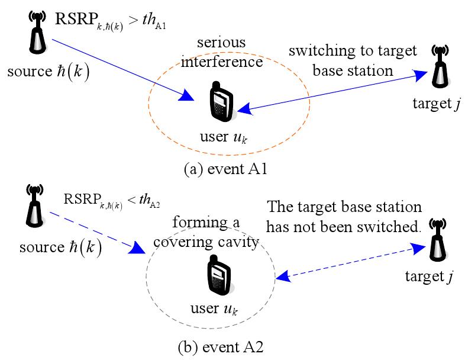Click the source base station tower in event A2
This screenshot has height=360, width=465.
(35, 205)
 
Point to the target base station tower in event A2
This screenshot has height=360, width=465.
(438, 240)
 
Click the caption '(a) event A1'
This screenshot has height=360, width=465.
(225, 169)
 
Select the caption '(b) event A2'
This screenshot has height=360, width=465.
(221, 347)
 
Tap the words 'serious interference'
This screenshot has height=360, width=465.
(222, 52)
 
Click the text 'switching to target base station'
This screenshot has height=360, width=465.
(353, 61)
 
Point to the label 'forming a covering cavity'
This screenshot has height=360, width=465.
(206, 232)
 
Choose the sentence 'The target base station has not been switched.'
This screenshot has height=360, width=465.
(344, 217)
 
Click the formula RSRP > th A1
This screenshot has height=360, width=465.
(110, 21)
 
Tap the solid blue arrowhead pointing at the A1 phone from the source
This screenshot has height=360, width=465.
(186, 95)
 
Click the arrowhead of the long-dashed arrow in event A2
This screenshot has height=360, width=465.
(137, 247)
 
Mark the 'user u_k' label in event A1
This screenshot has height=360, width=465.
(223, 137)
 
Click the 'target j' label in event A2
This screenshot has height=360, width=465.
(429, 277)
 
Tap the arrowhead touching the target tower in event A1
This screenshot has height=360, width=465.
(420, 75)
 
